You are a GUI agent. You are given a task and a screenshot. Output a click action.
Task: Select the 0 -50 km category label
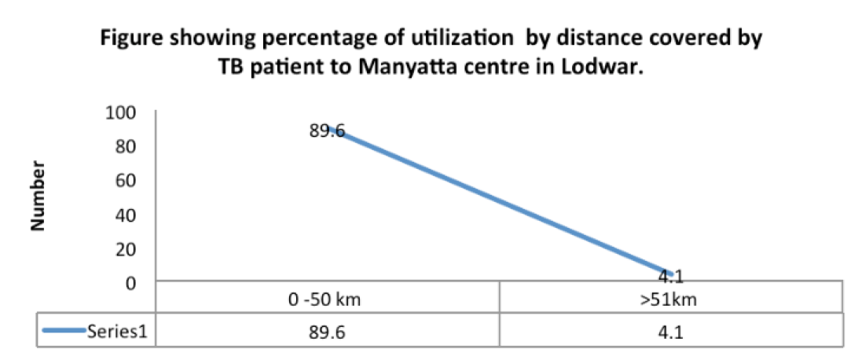point(328,300)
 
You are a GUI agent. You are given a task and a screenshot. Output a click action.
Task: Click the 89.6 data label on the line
point(328,131)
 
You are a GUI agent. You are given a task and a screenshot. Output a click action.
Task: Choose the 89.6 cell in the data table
point(328,331)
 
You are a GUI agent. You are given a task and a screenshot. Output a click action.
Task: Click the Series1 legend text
point(119,331)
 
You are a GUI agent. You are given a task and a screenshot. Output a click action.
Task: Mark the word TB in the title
point(233,68)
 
